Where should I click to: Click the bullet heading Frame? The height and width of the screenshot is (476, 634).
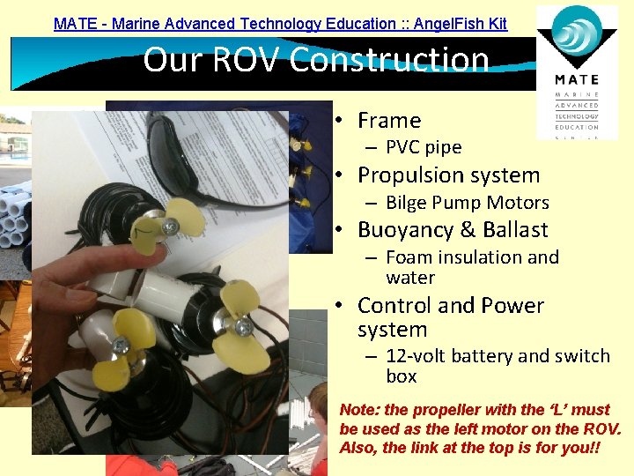(389, 121)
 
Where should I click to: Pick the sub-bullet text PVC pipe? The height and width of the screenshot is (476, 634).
(424, 147)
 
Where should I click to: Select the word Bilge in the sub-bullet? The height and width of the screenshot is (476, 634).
(407, 203)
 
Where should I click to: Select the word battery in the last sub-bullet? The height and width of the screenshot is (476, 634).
(483, 356)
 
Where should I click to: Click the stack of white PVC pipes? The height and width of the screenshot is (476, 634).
(18, 216)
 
